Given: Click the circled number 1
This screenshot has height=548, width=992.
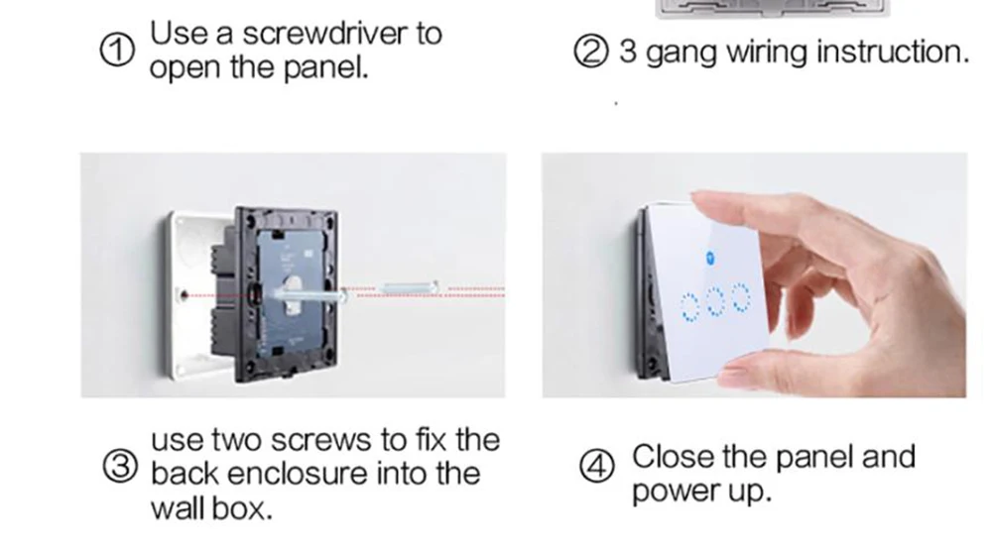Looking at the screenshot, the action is click(x=117, y=51).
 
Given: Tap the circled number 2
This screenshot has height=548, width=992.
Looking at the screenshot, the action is click(x=591, y=52).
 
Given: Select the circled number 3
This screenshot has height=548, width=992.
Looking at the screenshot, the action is click(x=120, y=468).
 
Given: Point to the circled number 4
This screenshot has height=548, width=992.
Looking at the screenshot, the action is click(x=596, y=467).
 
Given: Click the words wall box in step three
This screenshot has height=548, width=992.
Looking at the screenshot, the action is click(x=211, y=508).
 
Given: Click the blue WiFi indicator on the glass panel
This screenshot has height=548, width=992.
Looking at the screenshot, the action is click(x=710, y=258).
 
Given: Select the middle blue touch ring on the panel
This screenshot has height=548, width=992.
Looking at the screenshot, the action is click(x=715, y=301).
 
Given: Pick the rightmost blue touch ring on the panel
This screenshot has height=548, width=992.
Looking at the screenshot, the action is click(x=741, y=297).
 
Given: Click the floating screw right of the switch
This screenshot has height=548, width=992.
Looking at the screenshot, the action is click(x=409, y=288).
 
